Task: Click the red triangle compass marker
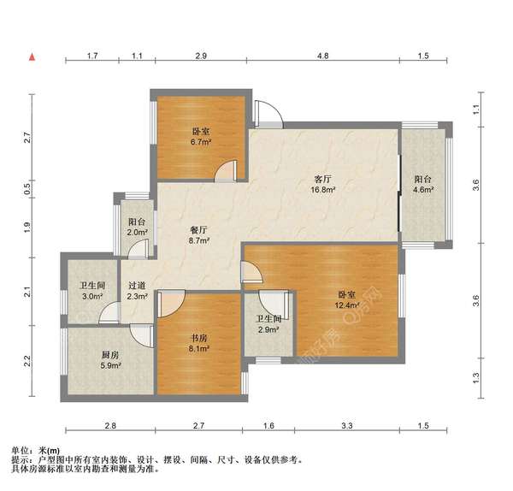click(32, 56)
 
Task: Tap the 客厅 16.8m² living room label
click(322, 186)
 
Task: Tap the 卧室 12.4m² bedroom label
click(346, 300)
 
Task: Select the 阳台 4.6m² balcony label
click(423, 185)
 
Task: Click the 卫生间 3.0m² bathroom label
click(92, 292)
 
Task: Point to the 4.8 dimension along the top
click(323, 56)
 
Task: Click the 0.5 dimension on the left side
click(27, 192)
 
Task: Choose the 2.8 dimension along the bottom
click(109, 425)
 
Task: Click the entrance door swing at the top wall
click(265, 111)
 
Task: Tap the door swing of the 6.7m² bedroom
click(226, 170)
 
